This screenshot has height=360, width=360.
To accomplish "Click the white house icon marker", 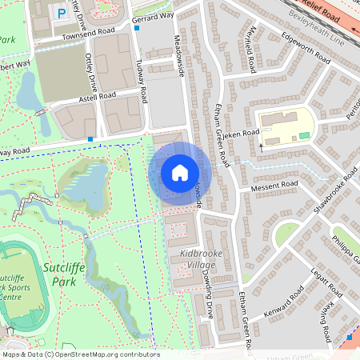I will [x=180, y=173].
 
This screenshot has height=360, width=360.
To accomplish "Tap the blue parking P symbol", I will [x=61, y=13].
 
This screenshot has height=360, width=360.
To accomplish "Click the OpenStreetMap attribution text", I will [x=80, y=354].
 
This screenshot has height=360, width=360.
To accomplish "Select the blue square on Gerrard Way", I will [x=137, y=28].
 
